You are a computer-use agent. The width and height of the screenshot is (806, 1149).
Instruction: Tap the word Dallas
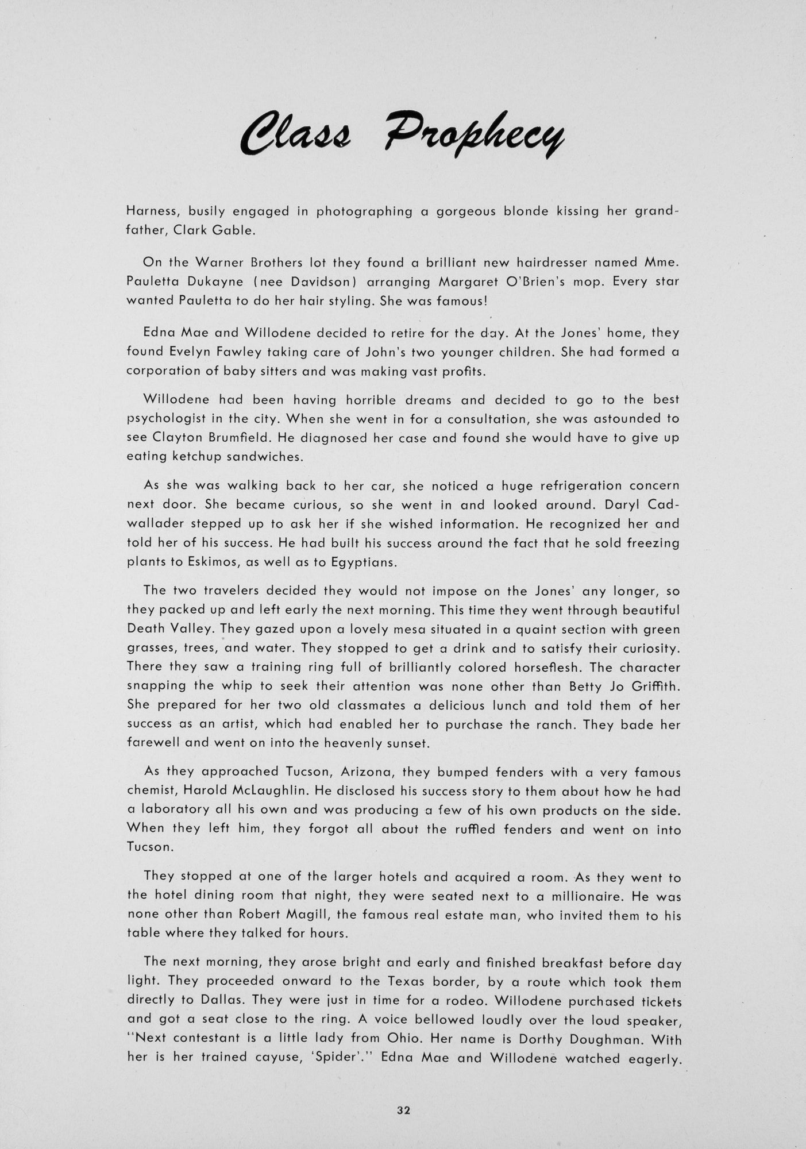click(x=221, y=1000)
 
